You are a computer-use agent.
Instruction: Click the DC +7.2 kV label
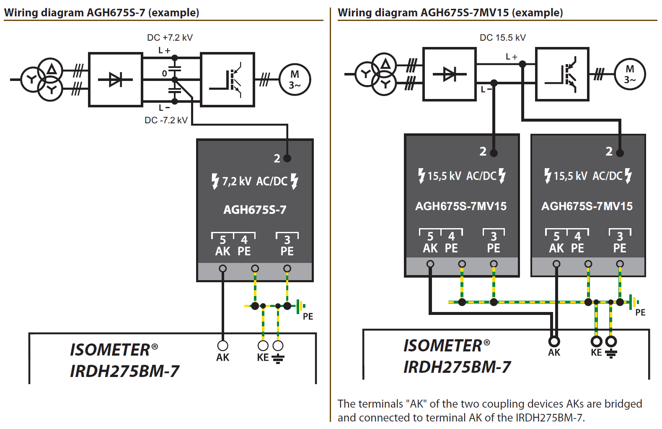click(x=170, y=38)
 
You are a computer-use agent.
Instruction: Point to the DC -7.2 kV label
click(x=166, y=120)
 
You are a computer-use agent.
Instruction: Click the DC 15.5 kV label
click(x=503, y=38)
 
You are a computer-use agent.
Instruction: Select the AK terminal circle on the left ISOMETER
click(x=222, y=346)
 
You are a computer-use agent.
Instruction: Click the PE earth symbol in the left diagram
click(x=301, y=306)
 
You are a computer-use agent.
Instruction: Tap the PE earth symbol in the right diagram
click(x=634, y=302)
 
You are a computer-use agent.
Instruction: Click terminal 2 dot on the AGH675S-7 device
click(x=287, y=158)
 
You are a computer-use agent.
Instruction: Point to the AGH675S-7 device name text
click(x=255, y=210)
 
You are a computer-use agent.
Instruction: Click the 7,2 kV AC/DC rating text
click(x=254, y=181)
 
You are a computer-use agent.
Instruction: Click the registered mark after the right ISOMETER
click(x=486, y=343)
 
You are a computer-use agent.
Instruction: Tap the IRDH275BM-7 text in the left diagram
click(x=124, y=371)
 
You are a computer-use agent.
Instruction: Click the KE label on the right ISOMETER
click(x=596, y=353)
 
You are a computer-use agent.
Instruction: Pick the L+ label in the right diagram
click(x=512, y=57)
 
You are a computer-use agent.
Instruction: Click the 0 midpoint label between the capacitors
click(x=165, y=73)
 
